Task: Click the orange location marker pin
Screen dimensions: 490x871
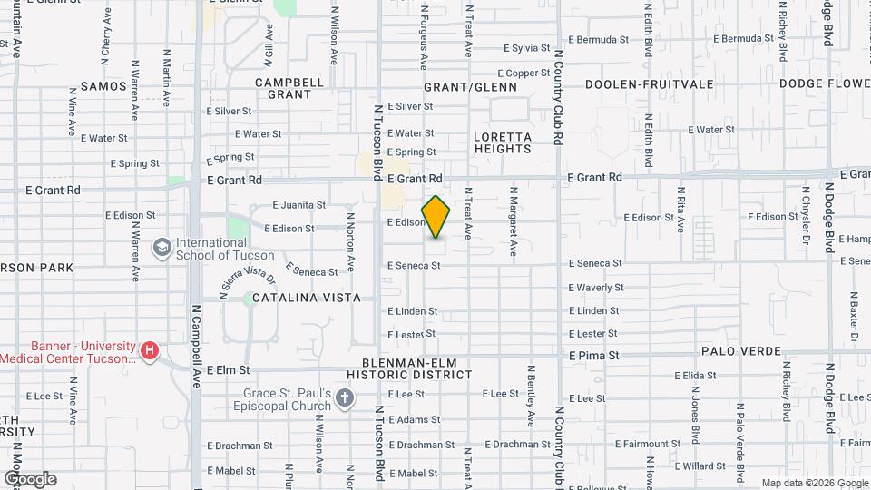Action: [436, 216]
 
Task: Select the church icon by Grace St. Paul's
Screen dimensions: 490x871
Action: [344, 397]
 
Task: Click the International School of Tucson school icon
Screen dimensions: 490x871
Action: [162, 248]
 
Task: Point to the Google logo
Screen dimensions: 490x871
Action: [30, 478]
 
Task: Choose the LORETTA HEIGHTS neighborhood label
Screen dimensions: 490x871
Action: [502, 142]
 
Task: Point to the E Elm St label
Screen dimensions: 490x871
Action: [228, 370]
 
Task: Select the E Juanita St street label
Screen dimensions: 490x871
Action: [298, 205]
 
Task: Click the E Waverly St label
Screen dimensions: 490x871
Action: [595, 288]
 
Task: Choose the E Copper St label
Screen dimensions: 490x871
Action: [524, 73]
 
